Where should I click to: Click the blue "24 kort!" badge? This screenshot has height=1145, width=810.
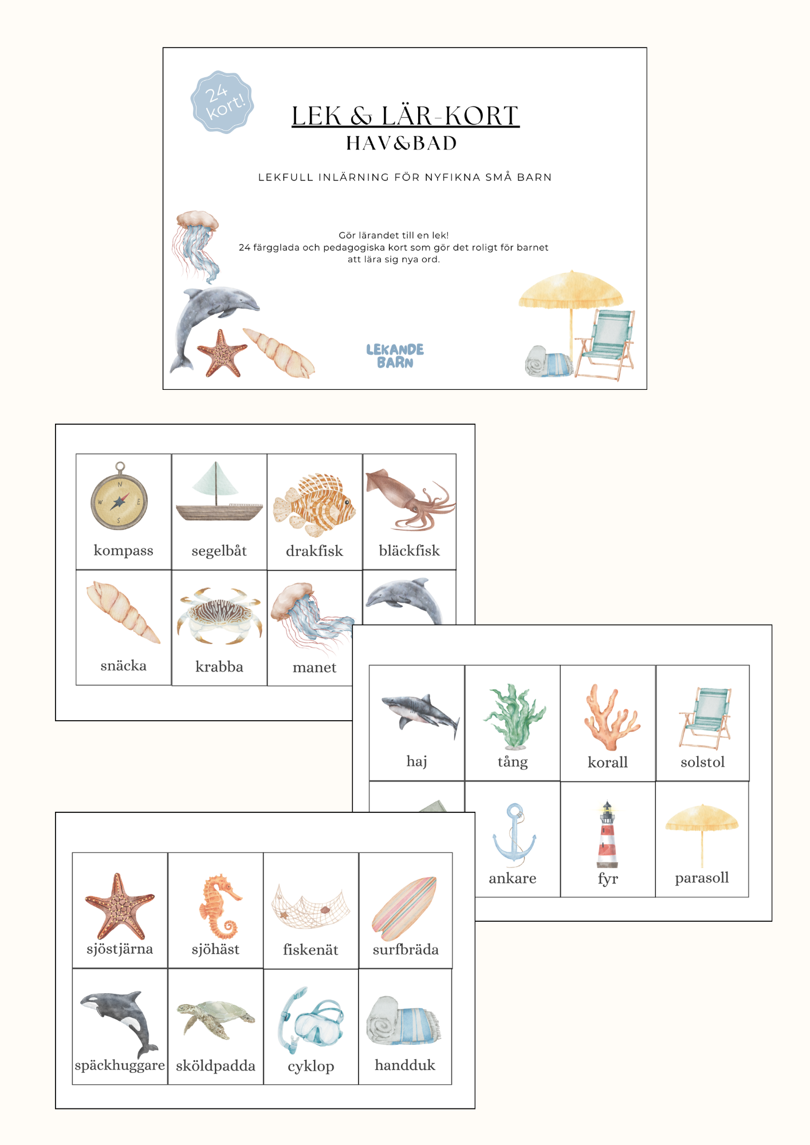point(222,102)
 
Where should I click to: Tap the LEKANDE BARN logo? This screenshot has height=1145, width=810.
point(395,356)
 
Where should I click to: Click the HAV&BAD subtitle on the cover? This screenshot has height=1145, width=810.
point(401,143)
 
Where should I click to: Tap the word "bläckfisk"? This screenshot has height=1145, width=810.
point(409,551)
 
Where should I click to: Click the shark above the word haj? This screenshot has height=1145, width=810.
point(420,714)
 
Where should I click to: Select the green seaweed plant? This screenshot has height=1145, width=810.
point(514,717)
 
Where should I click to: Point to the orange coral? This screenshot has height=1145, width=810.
point(611,717)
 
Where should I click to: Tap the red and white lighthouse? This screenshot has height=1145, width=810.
point(607,835)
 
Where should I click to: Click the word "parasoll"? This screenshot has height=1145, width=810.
point(702,878)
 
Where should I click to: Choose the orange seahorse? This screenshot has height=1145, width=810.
point(219,906)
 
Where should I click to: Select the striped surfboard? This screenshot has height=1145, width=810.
point(404,908)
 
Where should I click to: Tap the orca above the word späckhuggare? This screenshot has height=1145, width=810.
point(119,1024)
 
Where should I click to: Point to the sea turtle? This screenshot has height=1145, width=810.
point(215,1019)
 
